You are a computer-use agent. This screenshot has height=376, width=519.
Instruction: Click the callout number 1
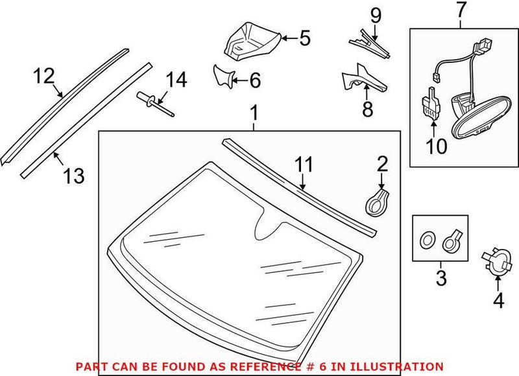[254, 114]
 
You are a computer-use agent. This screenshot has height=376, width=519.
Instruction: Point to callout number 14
[175, 80]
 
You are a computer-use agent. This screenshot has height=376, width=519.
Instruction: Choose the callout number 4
[498, 301]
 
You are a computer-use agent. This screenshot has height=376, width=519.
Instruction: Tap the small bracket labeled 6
[224, 78]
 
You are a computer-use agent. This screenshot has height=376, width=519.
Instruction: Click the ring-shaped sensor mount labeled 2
[378, 201]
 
